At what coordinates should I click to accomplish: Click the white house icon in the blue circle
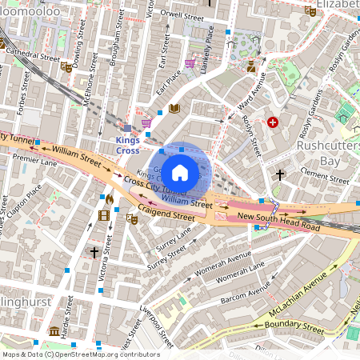click(180, 171)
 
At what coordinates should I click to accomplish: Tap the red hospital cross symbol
click(274, 122)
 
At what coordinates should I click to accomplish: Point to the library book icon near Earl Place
click(174, 109)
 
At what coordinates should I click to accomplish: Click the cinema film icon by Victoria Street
click(103, 214)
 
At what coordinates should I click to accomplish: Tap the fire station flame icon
click(110, 198)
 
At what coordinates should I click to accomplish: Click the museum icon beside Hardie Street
click(54, 331)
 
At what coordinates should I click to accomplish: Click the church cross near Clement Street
click(280, 174)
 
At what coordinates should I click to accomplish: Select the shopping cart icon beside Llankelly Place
click(190, 63)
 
